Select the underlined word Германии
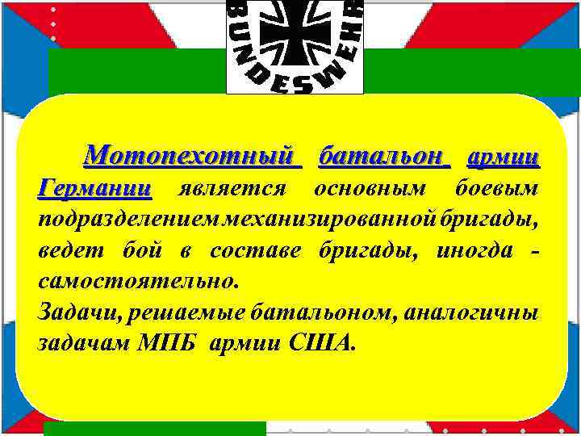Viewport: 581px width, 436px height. point(94,188)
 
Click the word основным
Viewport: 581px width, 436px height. point(364,188)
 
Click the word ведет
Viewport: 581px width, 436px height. point(67,251)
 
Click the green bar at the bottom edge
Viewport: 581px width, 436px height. point(153,428)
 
